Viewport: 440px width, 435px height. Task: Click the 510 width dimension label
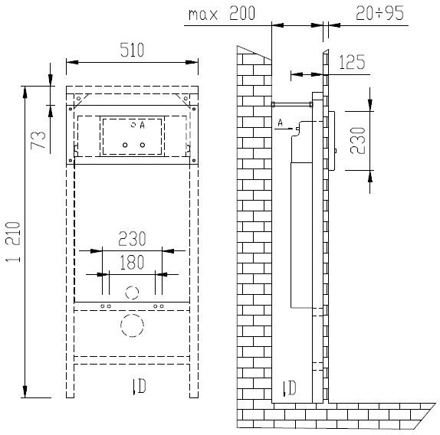(x=130, y=51)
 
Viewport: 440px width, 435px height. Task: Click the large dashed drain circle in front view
(x=133, y=328)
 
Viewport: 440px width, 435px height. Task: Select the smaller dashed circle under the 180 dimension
(x=132, y=293)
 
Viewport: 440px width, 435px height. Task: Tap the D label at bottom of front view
(x=138, y=386)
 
